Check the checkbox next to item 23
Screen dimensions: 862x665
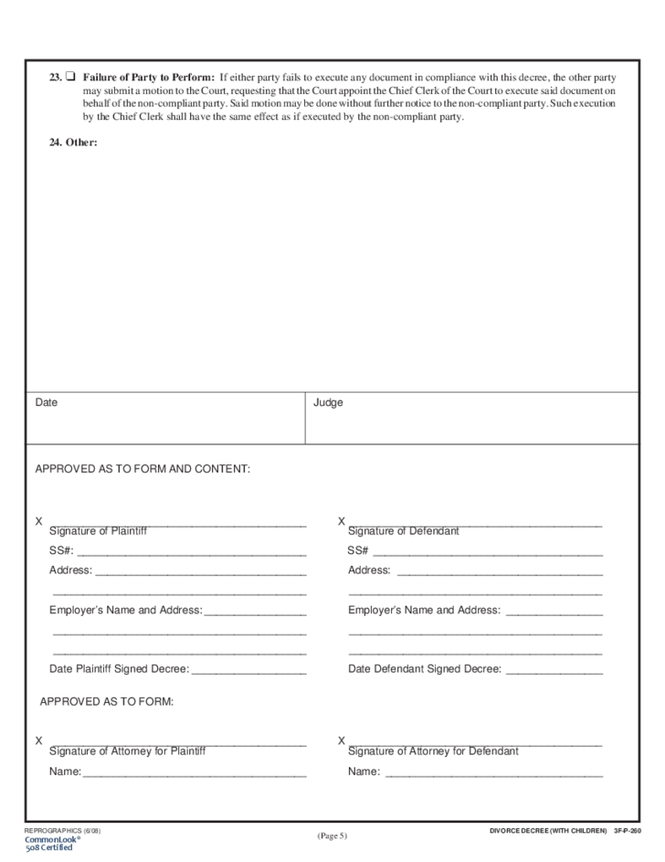[x=70, y=77]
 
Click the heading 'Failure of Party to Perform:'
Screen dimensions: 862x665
[x=148, y=77]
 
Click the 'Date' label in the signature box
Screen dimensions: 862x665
[x=47, y=402]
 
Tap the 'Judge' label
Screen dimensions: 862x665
[x=328, y=402]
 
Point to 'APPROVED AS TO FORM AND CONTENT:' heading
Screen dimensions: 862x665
[x=142, y=469]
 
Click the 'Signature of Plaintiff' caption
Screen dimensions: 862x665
[x=98, y=531]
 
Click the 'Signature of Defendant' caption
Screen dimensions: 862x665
[x=403, y=531]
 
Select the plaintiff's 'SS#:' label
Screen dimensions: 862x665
[x=61, y=550]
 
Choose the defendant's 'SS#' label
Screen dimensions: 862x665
[x=357, y=550]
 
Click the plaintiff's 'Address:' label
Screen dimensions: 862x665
[x=70, y=570]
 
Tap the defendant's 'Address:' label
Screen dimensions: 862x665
[x=369, y=570]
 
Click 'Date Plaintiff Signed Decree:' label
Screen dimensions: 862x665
[x=119, y=669]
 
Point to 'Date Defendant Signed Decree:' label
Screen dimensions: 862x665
[x=424, y=669]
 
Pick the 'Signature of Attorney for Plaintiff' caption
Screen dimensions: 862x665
[x=127, y=751]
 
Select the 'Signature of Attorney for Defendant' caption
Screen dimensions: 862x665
[x=433, y=751]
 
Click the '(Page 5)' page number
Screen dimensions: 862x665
[x=332, y=835]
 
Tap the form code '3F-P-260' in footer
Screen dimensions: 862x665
[x=628, y=830]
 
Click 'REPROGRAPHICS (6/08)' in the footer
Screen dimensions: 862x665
[x=62, y=830]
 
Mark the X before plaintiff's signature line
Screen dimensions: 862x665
[x=38, y=521]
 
